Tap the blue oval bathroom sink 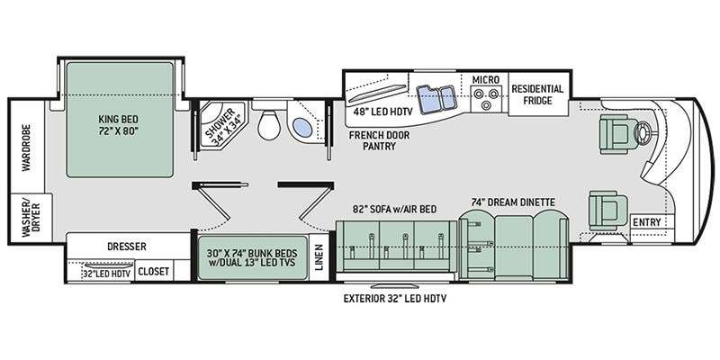302,127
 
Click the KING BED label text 118,124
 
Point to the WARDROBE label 26,148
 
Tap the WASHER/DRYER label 31,218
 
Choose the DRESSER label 127,247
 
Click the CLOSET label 153,272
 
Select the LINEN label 319,257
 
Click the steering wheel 642,131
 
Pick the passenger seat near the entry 608,211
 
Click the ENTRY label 646,222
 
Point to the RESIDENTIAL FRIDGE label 537,94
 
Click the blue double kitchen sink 436,97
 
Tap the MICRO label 486,79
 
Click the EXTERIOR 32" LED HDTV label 395,299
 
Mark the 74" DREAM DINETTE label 513,202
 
